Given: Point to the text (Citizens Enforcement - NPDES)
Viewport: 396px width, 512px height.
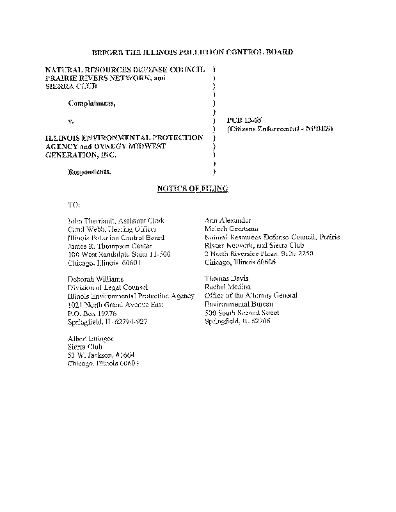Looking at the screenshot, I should [x=280, y=129].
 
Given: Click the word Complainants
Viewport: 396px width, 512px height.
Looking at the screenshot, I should [x=92, y=103].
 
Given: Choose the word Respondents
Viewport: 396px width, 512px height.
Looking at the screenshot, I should [x=89, y=172].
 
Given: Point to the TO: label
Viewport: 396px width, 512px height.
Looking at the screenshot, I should [x=74, y=204].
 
